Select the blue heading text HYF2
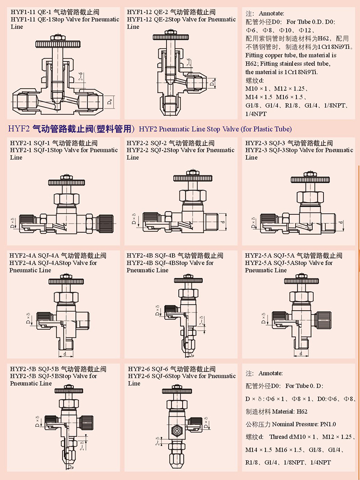18,129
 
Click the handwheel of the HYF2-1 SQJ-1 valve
66,183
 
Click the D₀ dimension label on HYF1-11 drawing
110,102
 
